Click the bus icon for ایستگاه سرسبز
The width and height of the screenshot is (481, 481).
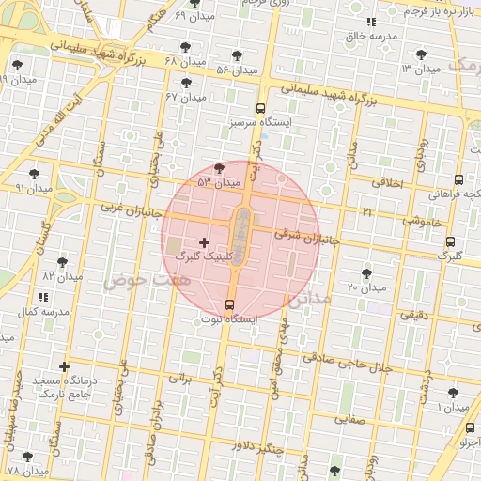point(260,108)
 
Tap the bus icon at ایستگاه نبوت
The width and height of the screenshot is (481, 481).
point(230,303)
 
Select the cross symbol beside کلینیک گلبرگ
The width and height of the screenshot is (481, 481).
point(205,242)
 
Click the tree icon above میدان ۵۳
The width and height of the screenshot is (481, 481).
point(220,167)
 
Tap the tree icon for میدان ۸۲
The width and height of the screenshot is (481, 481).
point(63,262)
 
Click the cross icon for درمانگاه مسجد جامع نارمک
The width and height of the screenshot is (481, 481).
point(64,366)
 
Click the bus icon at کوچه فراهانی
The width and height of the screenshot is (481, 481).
point(458,179)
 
